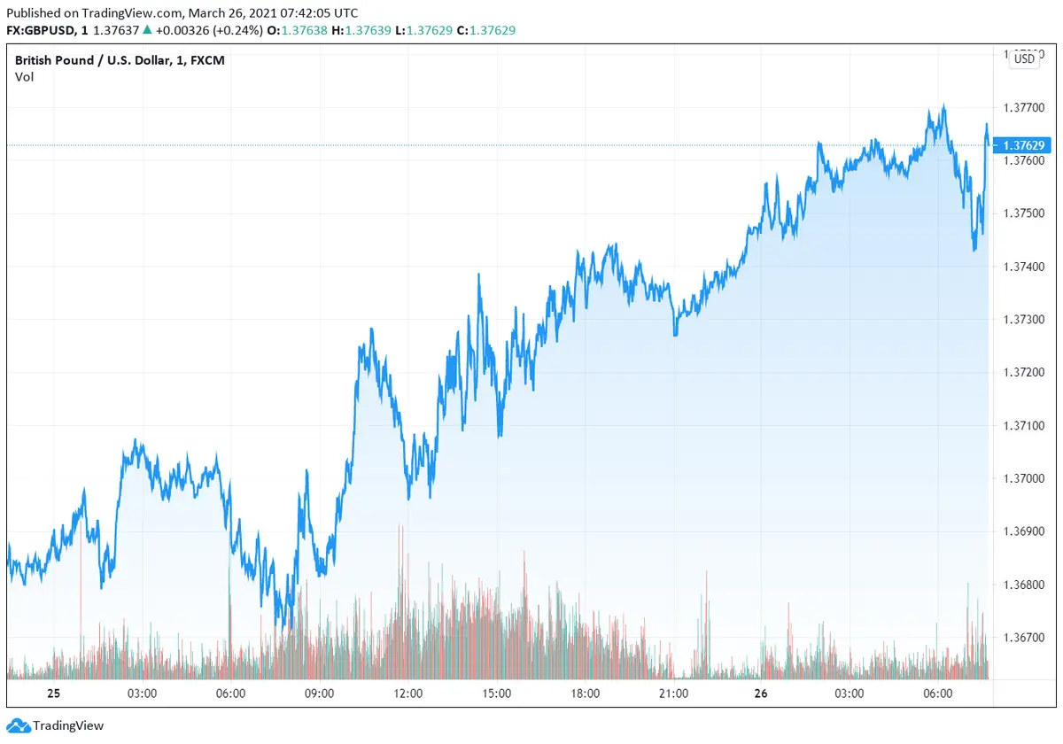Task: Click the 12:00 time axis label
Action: (407, 693)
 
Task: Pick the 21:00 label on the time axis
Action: (673, 693)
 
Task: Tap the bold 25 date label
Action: (52, 693)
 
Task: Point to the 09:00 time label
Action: (319, 693)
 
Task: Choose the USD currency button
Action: (1024, 59)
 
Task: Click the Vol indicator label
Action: (24, 76)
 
